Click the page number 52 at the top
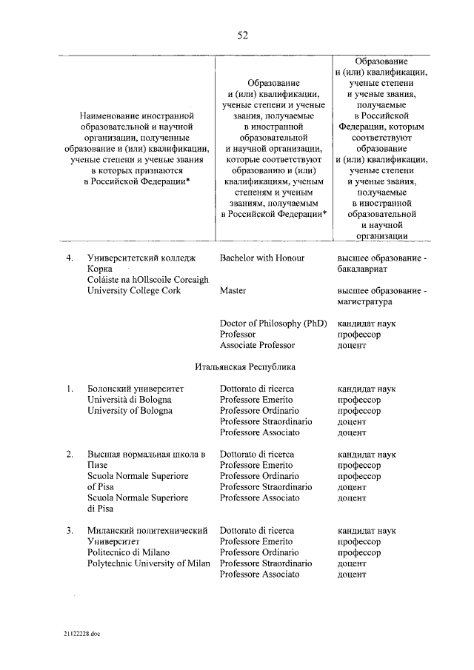click(241, 35)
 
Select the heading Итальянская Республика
click(245, 366)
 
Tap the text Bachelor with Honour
click(262, 258)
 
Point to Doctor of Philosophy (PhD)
click(273, 324)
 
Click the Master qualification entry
click(233, 291)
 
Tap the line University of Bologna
click(130, 410)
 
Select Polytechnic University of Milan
click(148, 563)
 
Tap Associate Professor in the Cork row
click(257, 345)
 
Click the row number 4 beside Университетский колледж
click(69, 258)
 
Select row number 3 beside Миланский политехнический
click(69, 531)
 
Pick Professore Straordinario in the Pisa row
click(265, 487)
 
